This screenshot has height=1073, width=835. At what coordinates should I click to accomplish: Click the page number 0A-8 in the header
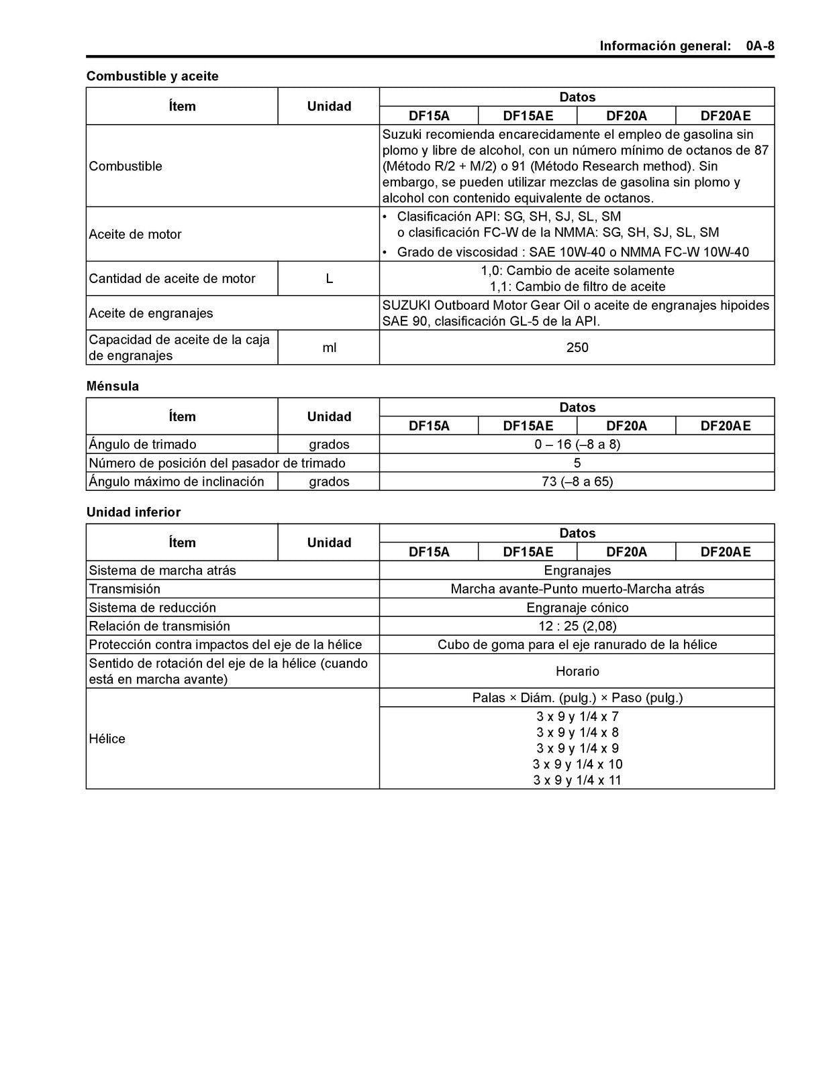[759, 46]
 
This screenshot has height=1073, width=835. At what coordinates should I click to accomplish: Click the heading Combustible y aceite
[152, 76]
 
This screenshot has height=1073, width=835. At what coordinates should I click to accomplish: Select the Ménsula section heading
[113, 386]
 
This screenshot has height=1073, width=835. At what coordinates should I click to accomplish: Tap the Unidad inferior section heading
[134, 512]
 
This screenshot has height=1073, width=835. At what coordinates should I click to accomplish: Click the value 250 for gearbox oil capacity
[577, 347]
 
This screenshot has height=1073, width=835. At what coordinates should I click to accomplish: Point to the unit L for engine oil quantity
[329, 278]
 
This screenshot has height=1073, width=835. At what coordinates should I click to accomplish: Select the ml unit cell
[329, 347]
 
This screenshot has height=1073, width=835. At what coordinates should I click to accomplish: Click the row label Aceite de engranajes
[151, 313]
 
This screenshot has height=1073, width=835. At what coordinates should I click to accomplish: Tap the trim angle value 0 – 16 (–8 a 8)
[577, 445]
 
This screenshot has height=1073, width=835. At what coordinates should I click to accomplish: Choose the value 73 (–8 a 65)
[577, 482]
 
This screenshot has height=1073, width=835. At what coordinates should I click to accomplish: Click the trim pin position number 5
[577, 463]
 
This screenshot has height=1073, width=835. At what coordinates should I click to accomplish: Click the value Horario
[577, 671]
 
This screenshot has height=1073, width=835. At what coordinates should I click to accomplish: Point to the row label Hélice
[107, 739]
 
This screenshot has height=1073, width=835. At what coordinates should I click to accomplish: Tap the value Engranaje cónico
[577, 608]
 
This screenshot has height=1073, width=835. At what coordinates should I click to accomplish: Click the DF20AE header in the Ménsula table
[725, 426]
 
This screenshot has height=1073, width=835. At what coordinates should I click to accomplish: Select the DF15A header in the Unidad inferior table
[429, 552]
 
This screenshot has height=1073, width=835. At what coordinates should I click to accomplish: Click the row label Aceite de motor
[136, 235]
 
